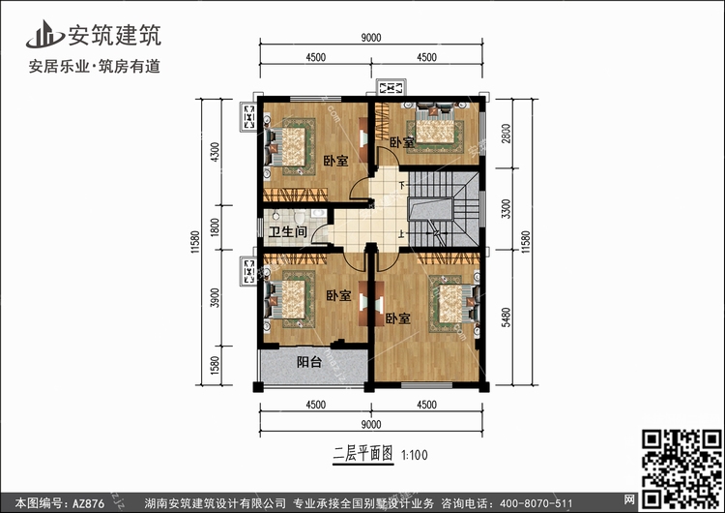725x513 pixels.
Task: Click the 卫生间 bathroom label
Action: (x=288, y=231)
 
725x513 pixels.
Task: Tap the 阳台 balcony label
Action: (x=309, y=362)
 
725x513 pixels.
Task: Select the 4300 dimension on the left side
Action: (x=215, y=152)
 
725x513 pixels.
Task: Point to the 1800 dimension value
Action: (x=215, y=227)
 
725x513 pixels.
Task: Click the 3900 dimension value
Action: (x=215, y=298)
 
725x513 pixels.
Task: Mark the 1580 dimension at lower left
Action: (x=215, y=365)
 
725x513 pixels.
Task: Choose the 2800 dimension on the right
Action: (x=507, y=134)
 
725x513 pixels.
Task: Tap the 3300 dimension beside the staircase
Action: (x=507, y=209)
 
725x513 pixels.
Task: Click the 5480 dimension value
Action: (x=507, y=317)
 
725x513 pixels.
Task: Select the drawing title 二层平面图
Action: (x=362, y=454)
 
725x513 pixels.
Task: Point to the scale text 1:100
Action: (x=415, y=455)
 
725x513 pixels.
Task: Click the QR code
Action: (x=681, y=468)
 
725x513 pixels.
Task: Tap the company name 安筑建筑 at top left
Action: (x=115, y=35)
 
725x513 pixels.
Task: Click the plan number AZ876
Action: (x=88, y=503)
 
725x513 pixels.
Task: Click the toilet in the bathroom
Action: (x=299, y=217)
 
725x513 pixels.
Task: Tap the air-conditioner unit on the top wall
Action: (x=391, y=87)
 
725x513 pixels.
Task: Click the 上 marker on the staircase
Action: (x=403, y=233)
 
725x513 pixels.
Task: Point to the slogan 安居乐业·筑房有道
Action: (x=95, y=67)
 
